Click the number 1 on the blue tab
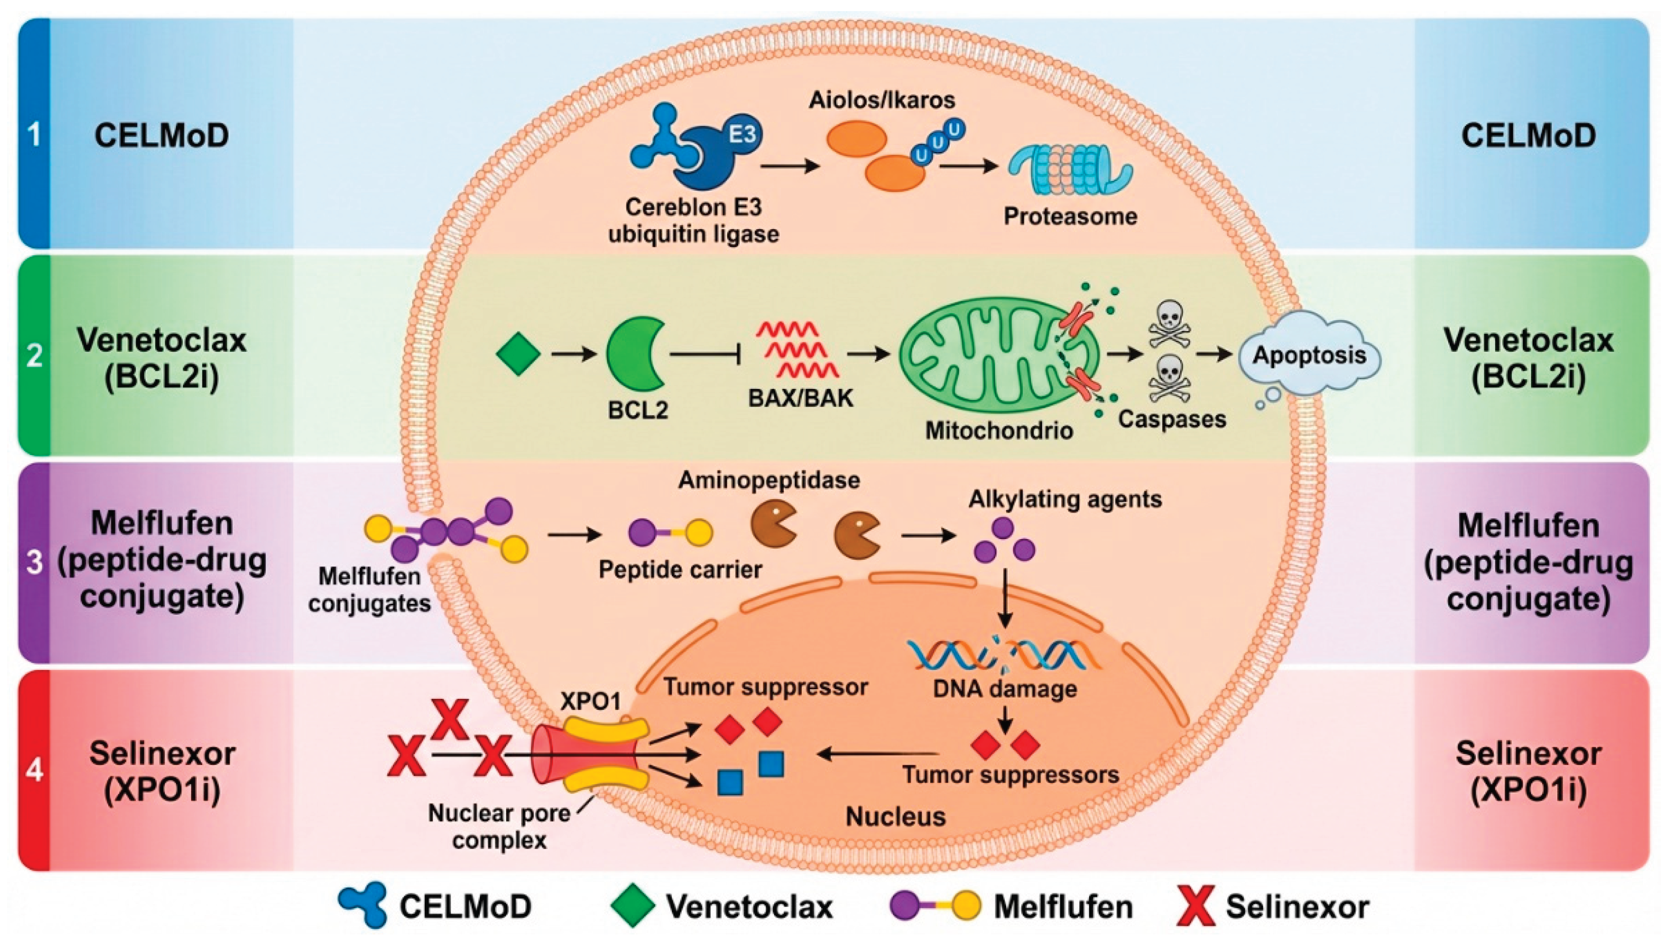(x=34, y=136)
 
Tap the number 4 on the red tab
(x=34, y=771)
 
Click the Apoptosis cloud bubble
(x=1310, y=356)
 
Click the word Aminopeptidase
(x=769, y=480)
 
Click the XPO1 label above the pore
(x=590, y=702)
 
